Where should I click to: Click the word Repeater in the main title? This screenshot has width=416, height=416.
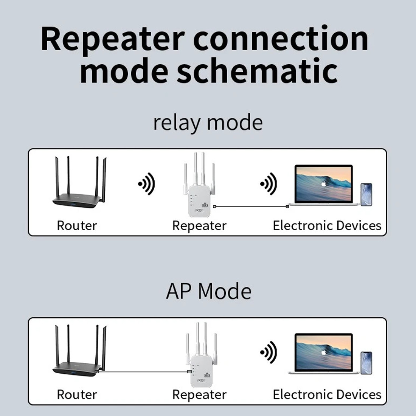113,39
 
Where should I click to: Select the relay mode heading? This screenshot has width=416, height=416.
208,123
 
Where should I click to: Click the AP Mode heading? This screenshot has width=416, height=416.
208,291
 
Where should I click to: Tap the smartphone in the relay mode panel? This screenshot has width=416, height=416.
366,194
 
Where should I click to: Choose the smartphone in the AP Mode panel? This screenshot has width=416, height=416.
366,363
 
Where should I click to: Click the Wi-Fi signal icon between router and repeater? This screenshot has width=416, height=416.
146,184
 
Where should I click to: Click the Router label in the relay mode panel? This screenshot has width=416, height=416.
77,226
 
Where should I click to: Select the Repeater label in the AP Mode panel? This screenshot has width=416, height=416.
199,394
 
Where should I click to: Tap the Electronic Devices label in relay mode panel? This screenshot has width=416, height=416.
327,226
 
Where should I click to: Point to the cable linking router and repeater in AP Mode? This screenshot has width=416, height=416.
143,372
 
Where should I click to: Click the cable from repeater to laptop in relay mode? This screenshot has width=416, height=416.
251,206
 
